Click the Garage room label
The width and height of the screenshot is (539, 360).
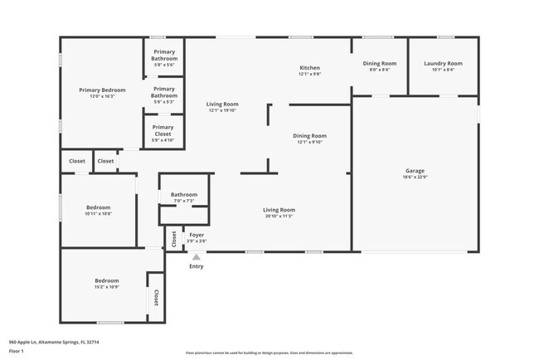tap(415, 171)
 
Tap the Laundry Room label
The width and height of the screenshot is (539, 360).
tap(443, 64)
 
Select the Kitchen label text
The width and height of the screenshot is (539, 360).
tap(309, 68)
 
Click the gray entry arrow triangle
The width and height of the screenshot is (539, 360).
tap(197, 257)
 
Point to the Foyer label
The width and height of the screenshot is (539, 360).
tap(197, 235)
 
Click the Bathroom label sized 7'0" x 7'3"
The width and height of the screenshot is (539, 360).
tap(184, 195)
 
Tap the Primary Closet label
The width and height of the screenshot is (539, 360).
tap(163, 128)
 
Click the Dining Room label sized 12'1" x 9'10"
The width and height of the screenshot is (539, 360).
tap(309, 136)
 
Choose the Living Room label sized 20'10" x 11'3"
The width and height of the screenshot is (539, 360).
tap(279, 211)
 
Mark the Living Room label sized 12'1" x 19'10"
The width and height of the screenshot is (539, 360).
tap(222, 105)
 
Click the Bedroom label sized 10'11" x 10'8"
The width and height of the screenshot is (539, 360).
tap(98, 207)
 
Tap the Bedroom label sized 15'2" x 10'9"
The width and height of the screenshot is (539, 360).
tap(106, 281)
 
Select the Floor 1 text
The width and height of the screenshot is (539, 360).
tap(16, 351)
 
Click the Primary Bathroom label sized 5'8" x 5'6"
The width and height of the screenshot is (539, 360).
tap(164, 53)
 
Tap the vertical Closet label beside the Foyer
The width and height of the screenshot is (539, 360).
tap(173, 238)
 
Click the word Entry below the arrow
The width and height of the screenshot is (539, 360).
tap(197, 266)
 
